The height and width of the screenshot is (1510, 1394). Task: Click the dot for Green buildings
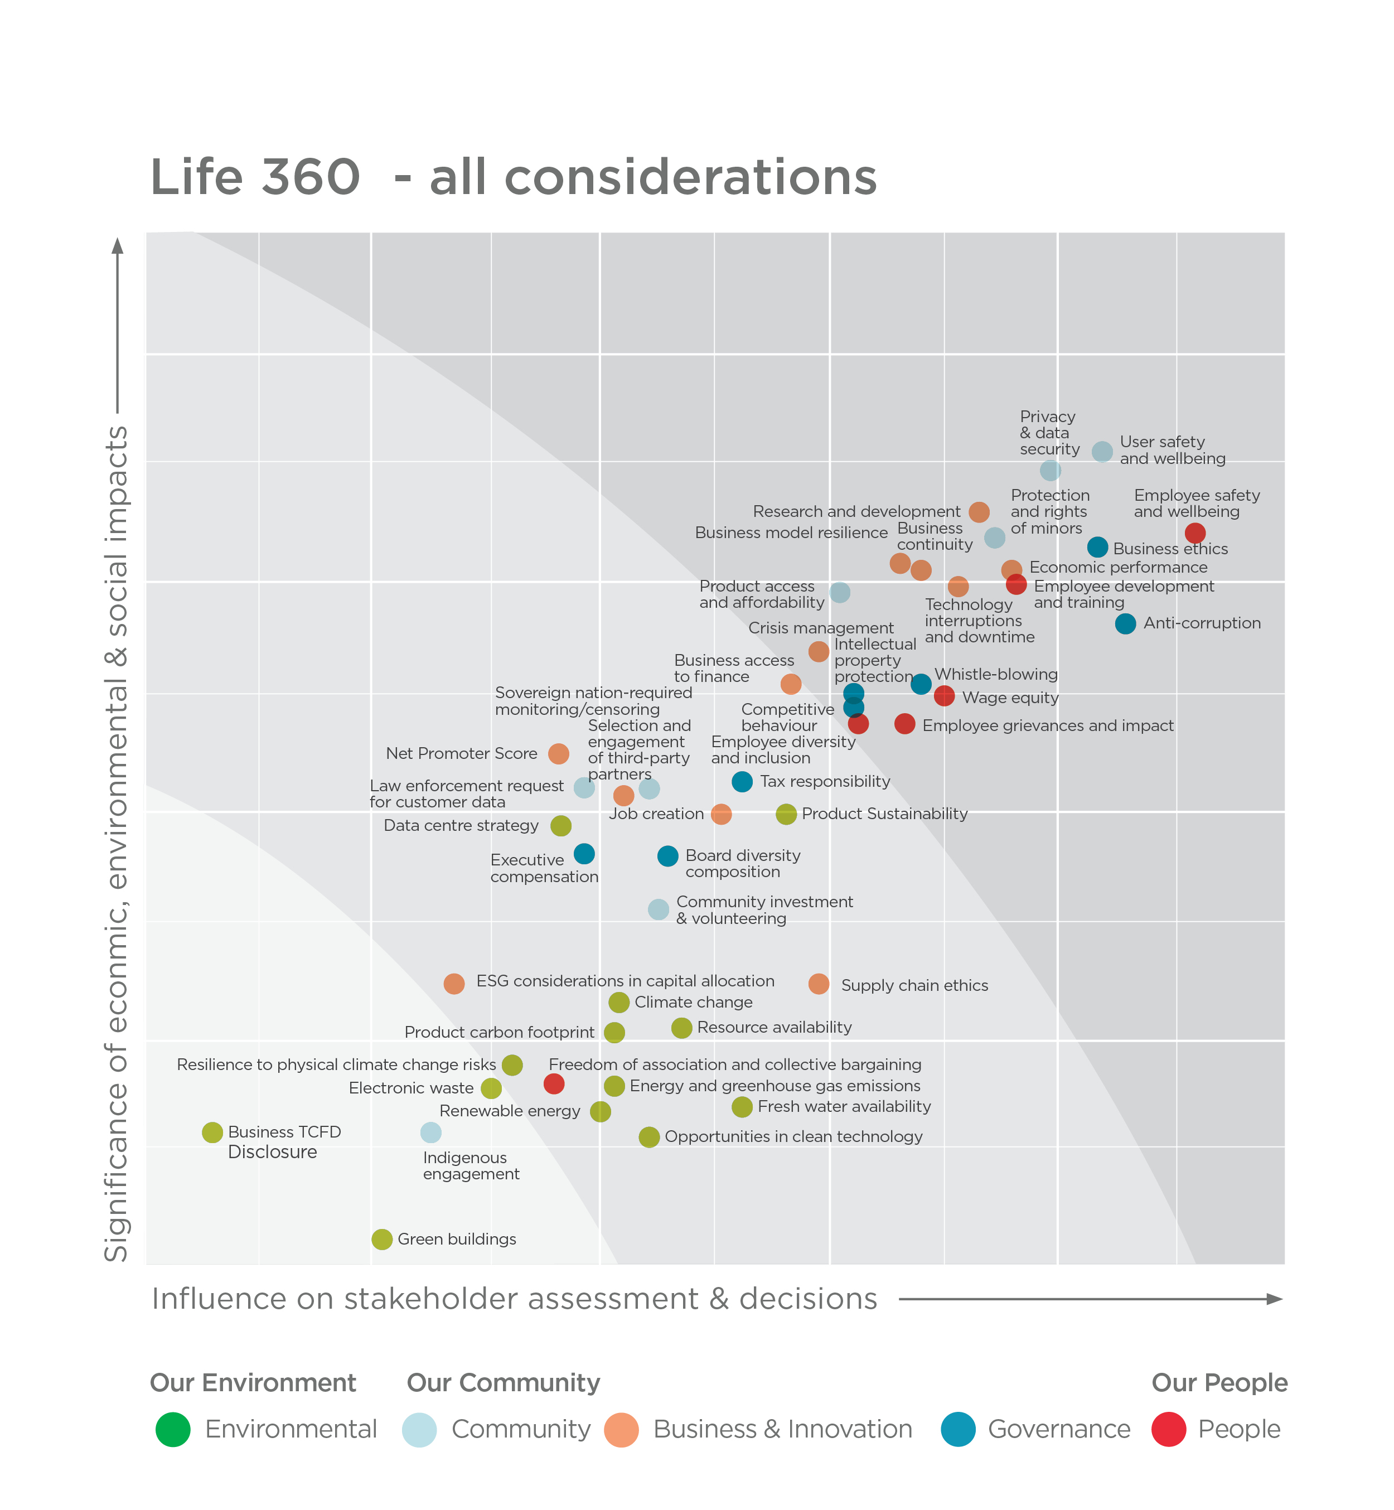pyautogui.click(x=382, y=1239)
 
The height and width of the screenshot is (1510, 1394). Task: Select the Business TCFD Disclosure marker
pyautogui.click(x=212, y=1132)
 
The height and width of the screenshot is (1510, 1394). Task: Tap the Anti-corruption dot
pyautogui.click(x=1125, y=624)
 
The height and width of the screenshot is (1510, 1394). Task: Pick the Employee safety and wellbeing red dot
pyautogui.click(x=1195, y=533)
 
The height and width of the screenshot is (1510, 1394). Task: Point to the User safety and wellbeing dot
pyautogui.click(x=1102, y=452)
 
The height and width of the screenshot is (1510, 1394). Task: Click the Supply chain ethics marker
pyautogui.click(x=819, y=984)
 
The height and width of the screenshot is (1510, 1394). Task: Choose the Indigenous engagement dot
pyautogui.click(x=430, y=1132)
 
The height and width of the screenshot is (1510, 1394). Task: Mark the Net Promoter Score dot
pyautogui.click(x=558, y=753)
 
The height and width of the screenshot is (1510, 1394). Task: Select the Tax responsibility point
pyautogui.click(x=742, y=781)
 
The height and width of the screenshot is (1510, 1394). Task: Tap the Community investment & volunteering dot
pyautogui.click(x=659, y=909)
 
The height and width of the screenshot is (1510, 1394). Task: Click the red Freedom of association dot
pyautogui.click(x=554, y=1084)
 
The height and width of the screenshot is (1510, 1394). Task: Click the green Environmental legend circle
pyautogui.click(x=173, y=1429)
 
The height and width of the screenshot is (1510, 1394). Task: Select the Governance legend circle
pyautogui.click(x=958, y=1429)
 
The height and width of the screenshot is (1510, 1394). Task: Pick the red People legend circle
pyautogui.click(x=1169, y=1429)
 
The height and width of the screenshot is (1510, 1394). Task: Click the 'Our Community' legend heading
pyautogui.click(x=503, y=1382)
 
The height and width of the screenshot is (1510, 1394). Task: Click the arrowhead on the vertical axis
pyautogui.click(x=118, y=246)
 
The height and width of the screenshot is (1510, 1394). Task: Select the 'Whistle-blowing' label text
pyautogui.click(x=996, y=674)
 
